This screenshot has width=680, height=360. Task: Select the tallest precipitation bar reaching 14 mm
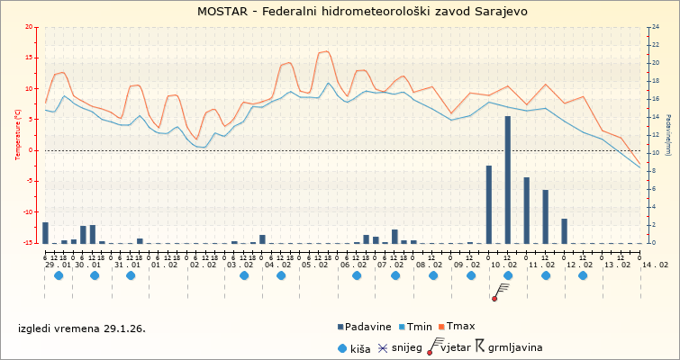(507, 179)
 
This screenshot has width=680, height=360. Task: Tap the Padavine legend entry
(366, 326)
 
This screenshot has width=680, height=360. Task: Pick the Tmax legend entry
(458, 326)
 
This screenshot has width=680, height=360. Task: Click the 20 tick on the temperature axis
(31, 27)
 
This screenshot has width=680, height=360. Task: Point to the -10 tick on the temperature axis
(29, 212)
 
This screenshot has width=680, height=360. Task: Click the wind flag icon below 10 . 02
(502, 290)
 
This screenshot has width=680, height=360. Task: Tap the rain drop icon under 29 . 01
(59, 275)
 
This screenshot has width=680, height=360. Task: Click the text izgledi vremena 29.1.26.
(81, 328)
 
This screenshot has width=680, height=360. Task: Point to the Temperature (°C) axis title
(18, 134)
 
